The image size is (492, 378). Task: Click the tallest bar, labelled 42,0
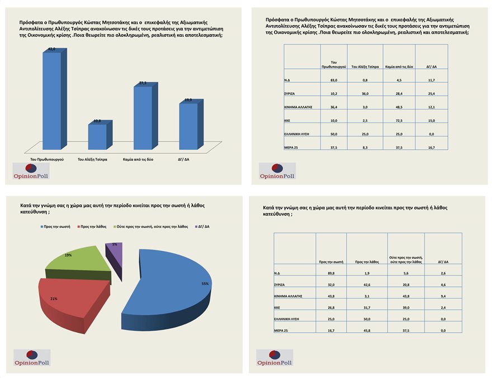(x=52, y=98)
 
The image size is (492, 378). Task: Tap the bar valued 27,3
(x=142, y=117)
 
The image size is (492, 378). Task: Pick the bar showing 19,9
(x=188, y=126)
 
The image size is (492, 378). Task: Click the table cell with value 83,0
(x=333, y=81)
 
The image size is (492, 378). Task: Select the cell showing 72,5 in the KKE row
(x=399, y=120)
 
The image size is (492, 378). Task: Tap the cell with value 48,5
(x=399, y=107)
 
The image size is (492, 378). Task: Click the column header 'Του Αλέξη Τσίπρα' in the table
(x=365, y=67)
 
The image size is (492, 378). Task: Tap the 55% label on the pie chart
(x=205, y=283)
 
